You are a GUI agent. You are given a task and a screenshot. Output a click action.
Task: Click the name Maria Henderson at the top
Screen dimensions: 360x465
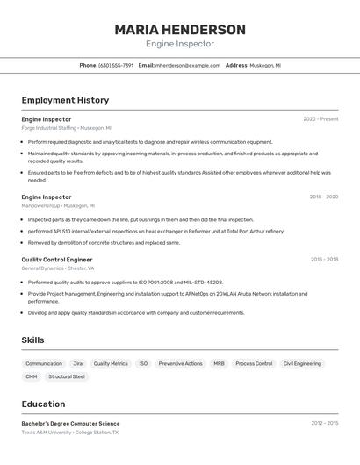coord(180,29)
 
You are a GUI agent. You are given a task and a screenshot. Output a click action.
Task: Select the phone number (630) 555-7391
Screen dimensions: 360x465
coord(116,65)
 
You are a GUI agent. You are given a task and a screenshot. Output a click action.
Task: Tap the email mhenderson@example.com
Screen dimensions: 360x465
coord(188,65)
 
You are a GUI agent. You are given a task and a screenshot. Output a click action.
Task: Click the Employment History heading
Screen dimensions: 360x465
coord(65,100)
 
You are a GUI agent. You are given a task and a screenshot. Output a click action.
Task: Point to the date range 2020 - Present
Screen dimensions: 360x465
coord(320,119)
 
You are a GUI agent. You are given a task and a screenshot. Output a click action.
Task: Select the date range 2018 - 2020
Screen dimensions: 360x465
coord(323,197)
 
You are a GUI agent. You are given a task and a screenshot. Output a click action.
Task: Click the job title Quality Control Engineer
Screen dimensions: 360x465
coord(57,260)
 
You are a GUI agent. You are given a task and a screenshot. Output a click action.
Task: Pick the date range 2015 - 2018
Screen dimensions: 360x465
coord(324,260)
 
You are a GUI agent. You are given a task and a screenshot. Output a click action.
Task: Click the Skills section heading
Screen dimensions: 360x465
coord(33,340)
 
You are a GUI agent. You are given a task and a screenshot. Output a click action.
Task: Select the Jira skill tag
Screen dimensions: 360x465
coord(78,363)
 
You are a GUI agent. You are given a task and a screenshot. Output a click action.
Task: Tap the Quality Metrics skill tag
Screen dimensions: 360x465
coord(111,363)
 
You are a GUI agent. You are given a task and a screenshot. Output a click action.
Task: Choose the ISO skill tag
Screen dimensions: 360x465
coord(143,363)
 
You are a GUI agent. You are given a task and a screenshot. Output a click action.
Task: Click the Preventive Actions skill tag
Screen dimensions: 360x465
coord(180,363)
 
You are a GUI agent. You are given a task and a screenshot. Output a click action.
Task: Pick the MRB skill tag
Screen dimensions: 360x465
coord(219,363)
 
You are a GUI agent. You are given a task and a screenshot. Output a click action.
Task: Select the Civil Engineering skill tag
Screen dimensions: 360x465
coord(302,363)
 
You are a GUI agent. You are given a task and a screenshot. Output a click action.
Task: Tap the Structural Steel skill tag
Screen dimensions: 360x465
coord(67,376)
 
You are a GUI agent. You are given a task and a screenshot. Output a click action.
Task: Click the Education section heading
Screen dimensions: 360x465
coord(44,404)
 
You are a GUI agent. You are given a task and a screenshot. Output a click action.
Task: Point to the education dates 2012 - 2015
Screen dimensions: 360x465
coord(324,423)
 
